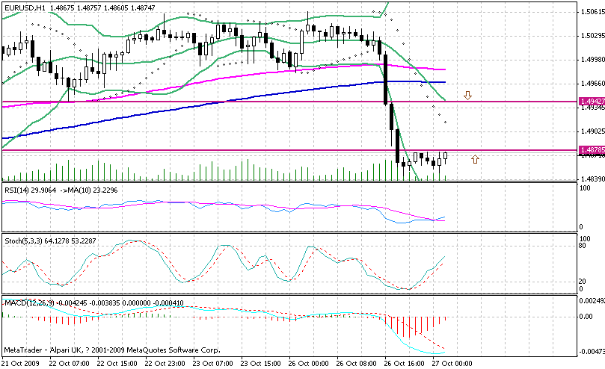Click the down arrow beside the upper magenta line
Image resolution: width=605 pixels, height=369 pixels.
click(x=467, y=96)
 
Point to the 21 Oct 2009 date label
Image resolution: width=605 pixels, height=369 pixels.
click(x=20, y=363)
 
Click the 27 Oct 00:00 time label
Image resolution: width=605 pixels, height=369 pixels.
click(x=452, y=363)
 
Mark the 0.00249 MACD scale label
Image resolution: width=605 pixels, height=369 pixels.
click(x=591, y=300)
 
